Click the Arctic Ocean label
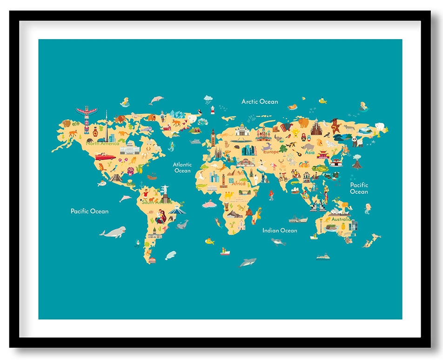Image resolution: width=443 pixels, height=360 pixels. point(260,102)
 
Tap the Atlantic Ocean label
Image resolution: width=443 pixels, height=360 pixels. point(182,168)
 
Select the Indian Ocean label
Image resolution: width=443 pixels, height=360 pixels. point(280,231)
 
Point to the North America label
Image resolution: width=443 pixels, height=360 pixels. point(102,143)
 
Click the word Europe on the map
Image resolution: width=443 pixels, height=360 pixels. point(270,152)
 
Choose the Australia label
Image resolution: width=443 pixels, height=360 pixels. point(341,219)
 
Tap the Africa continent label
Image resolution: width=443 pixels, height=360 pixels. point(238,183)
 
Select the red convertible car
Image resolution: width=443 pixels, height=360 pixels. point(105,157)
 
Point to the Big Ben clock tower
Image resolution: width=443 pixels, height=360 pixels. point(213,137)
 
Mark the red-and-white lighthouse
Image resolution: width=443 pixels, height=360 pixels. point(213,110)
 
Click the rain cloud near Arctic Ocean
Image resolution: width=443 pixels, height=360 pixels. point(208,99)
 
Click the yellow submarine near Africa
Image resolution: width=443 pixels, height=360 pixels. point(210,241)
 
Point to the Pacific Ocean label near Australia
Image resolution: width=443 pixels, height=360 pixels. point(359,188)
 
